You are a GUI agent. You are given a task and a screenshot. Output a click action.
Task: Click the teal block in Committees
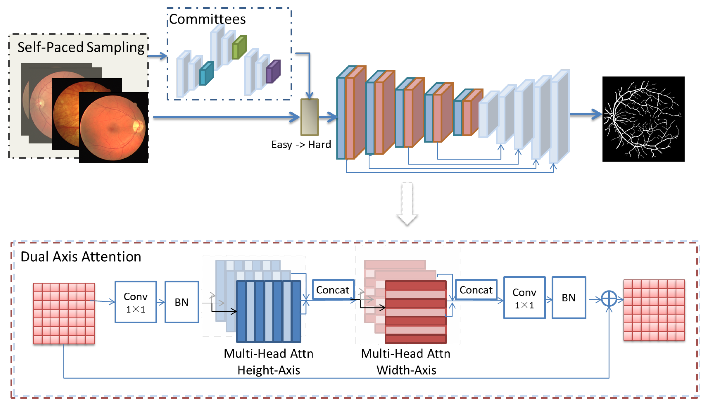tap(206, 74)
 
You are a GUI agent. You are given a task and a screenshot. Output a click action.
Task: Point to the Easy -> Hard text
tap(301, 144)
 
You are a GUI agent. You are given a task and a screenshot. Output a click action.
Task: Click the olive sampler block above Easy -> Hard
tap(309, 117)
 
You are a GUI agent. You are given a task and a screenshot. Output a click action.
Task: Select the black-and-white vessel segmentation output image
tap(643, 119)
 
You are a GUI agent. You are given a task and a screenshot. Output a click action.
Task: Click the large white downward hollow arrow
tap(407, 204)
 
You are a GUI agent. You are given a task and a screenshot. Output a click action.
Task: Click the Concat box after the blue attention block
tap(333, 290)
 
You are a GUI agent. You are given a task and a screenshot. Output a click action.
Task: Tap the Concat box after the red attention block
tap(476, 290)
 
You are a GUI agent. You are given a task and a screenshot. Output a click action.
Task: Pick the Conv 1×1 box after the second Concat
tap(524, 298)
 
